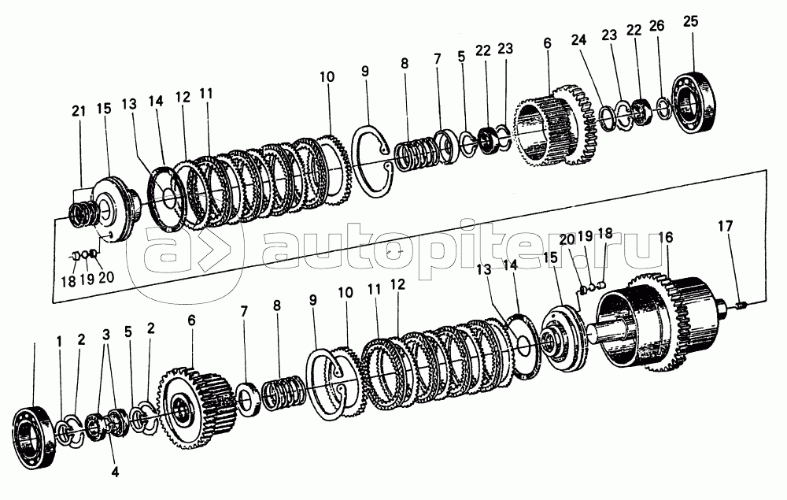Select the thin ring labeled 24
tap(607, 117)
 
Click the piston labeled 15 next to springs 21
tap(113, 206)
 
